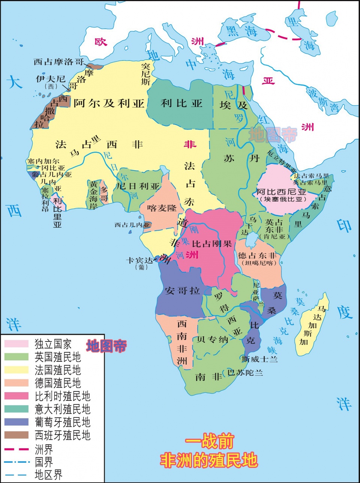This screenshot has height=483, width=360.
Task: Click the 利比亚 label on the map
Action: (181, 103)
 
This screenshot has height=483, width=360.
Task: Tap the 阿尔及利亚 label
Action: (109, 103)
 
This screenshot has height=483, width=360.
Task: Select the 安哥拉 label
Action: (182, 290)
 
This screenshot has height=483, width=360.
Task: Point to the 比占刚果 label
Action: (212, 244)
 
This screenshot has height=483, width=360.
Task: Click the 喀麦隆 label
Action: (162, 208)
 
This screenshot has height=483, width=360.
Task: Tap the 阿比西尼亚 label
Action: (281, 192)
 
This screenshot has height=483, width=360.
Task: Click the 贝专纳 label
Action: (212, 339)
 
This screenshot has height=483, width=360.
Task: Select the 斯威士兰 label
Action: (259, 359)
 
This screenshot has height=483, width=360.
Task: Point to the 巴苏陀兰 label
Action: (245, 373)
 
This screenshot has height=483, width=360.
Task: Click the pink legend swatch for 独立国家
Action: (16, 344)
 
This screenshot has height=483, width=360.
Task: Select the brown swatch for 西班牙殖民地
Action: (16, 435)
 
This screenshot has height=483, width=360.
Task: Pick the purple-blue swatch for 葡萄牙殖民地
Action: (16, 422)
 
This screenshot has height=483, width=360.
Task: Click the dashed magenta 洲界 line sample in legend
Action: (16, 449)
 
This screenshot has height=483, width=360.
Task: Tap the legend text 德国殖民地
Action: (58, 383)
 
